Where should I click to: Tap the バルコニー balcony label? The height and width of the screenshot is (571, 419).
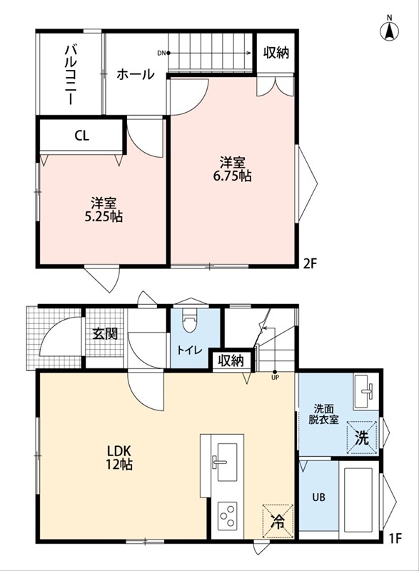(x=70, y=74)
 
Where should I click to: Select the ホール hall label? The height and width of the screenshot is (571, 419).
(x=136, y=75)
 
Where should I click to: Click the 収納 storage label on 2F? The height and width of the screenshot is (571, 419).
(x=276, y=53)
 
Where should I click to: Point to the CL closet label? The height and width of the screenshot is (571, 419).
(x=81, y=136)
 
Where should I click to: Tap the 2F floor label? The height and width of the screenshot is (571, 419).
(x=311, y=263)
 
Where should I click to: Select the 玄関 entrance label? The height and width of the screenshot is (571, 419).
(x=104, y=333)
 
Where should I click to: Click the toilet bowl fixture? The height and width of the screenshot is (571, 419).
(x=189, y=320)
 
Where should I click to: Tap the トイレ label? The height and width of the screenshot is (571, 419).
(x=189, y=350)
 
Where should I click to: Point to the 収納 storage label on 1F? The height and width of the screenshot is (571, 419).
(x=231, y=361)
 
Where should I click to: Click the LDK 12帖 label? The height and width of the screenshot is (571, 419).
(x=118, y=458)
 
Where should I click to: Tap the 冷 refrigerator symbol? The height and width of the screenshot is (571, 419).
(x=278, y=522)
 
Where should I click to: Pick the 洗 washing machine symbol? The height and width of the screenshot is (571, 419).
(x=361, y=438)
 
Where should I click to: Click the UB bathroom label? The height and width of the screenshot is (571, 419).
(x=318, y=497)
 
